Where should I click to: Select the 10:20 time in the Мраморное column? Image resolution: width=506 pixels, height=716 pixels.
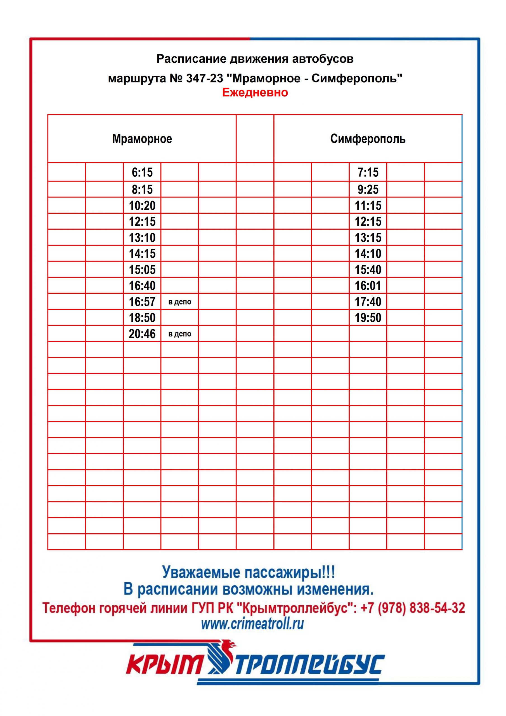pos(142,206)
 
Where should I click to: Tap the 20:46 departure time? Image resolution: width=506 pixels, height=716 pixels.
pos(142,334)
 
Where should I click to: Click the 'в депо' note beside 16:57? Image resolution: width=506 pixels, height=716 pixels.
pos(179,302)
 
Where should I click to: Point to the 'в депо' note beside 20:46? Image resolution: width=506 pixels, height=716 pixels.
pos(179,334)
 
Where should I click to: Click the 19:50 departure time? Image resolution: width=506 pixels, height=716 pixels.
pos(368,318)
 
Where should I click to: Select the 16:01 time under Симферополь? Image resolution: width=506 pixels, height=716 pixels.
pos(368,286)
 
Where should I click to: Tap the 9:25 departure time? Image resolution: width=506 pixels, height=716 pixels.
pos(368,189)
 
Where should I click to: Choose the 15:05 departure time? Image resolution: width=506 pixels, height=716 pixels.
pos(142,270)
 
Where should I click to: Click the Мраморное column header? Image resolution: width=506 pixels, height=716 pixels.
pos(142,139)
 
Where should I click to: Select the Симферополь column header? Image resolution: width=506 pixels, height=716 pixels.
pos(368,139)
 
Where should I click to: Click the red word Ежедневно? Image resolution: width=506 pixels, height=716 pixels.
pos(255,93)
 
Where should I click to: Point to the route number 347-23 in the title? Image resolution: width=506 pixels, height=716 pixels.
pos(205,78)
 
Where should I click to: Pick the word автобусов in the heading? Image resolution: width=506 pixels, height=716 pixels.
pos(323,59)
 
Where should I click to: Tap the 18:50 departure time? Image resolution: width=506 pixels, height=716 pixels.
pos(142,318)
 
